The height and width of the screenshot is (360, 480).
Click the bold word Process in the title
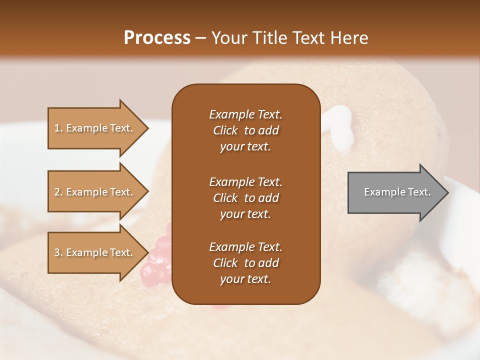(x=157, y=37)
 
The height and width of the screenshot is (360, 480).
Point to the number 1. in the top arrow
(x=58, y=128)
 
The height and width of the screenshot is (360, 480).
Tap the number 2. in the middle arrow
(x=58, y=192)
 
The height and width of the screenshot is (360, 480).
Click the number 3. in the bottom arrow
(x=58, y=252)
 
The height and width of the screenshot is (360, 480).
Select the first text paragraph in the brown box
(x=245, y=130)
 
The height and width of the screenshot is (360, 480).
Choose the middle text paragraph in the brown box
(x=245, y=197)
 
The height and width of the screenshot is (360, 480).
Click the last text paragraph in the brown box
(x=245, y=263)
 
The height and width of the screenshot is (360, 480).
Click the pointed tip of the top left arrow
(x=147, y=128)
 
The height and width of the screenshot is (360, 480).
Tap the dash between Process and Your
(x=201, y=38)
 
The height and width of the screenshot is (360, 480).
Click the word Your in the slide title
(x=228, y=37)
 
